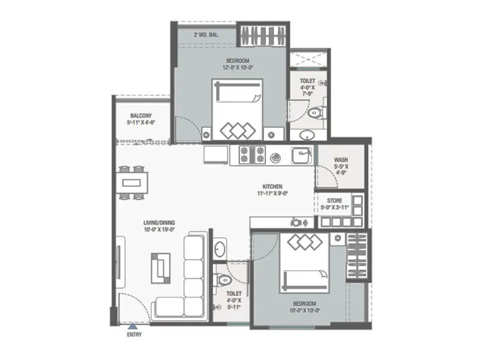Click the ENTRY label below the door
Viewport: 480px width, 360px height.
point(134,335)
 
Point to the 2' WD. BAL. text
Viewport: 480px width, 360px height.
point(206,35)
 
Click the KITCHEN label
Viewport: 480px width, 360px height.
point(272,187)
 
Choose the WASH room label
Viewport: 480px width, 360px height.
point(341,160)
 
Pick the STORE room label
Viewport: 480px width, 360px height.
point(334,200)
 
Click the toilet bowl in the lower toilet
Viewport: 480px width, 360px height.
point(223,279)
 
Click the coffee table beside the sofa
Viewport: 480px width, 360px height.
point(160,268)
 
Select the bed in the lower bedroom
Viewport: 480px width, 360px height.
point(304,263)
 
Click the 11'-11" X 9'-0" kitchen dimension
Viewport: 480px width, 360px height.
point(272,194)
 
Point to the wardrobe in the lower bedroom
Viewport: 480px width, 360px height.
point(357,255)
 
